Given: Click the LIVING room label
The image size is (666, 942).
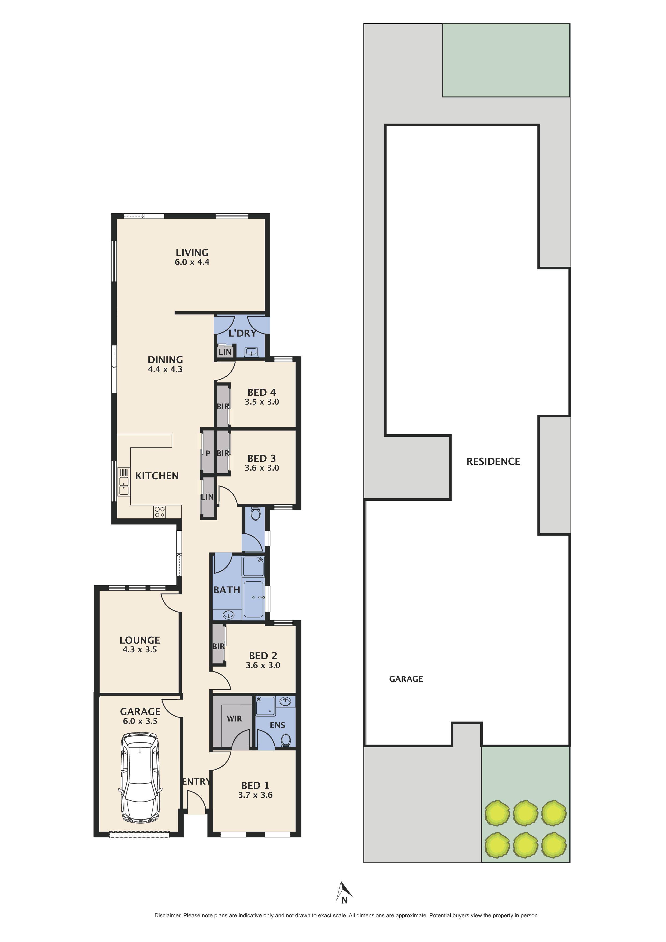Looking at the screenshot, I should pos(192,253).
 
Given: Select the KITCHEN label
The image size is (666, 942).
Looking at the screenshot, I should pos(157,476).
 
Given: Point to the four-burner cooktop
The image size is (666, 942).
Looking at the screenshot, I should pos(159,512).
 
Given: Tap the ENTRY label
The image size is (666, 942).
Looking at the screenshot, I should pos(196,782).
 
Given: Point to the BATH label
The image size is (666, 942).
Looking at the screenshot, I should pos(226,590).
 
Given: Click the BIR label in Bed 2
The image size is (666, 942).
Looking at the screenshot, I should pos(219,646).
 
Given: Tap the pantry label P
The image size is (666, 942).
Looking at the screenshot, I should pos(208,453).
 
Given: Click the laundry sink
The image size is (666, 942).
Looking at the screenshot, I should pos(251,352).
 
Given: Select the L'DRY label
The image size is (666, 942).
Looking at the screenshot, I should pos(242,333).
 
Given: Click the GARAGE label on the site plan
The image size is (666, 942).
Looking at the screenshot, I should pos(406,679).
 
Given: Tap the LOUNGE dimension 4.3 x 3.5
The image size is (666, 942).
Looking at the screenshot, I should pos(140,649).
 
